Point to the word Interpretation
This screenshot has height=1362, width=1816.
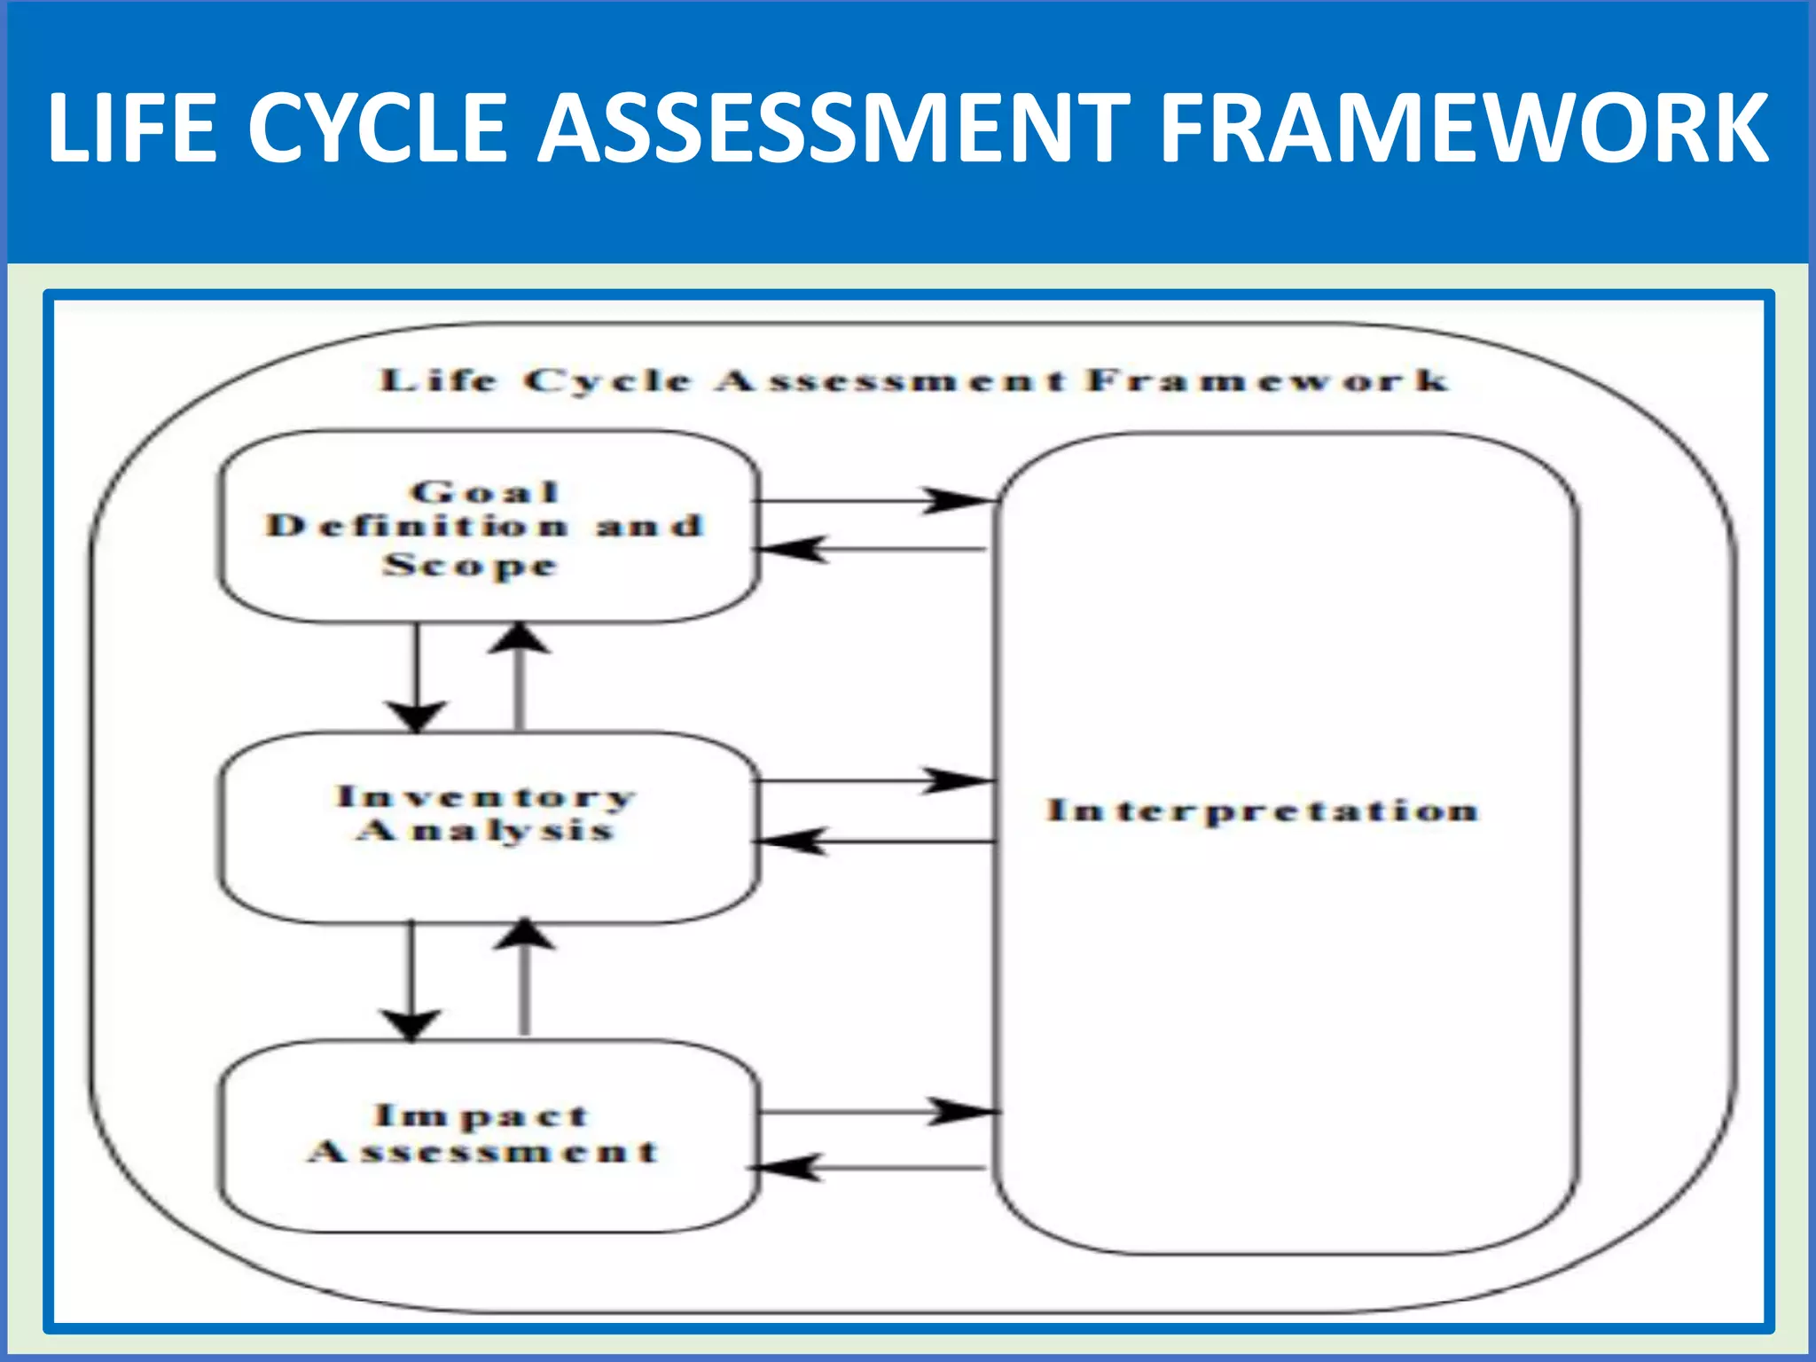tap(1263, 810)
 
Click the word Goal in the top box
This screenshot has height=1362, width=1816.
tap(485, 491)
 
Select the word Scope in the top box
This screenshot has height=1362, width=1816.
tap(471, 565)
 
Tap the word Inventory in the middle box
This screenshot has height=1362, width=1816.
tap(486, 796)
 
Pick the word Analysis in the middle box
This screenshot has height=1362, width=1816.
tap(485, 830)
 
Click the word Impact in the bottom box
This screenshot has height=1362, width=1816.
tap(481, 1115)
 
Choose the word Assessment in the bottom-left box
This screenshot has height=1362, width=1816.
tap(484, 1151)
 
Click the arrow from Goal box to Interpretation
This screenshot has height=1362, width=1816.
tap(873, 501)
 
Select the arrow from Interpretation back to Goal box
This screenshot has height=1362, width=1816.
tap(873, 550)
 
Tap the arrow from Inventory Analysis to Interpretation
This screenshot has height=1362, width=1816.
tap(873, 781)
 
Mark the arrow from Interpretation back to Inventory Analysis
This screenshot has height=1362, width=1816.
tap(873, 841)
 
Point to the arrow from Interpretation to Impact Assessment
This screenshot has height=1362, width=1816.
tap(873, 1168)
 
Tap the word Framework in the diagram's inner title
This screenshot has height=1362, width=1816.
tap(1268, 380)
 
